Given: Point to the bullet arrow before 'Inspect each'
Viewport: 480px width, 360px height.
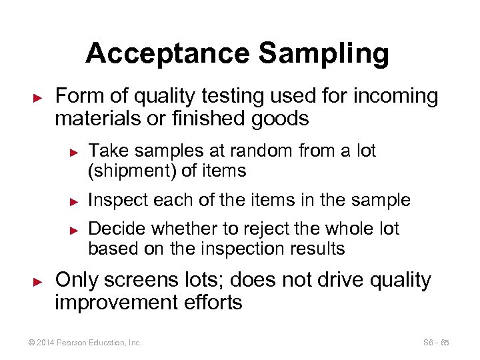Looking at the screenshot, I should [x=75, y=201].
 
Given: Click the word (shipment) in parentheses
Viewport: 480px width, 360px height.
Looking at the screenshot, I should [x=132, y=171].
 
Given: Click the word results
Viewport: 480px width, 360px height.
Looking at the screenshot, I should [x=313, y=249].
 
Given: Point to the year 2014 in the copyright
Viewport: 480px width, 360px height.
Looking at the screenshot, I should [x=46, y=343].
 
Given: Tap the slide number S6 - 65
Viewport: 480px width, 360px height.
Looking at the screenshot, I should [x=436, y=343].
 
